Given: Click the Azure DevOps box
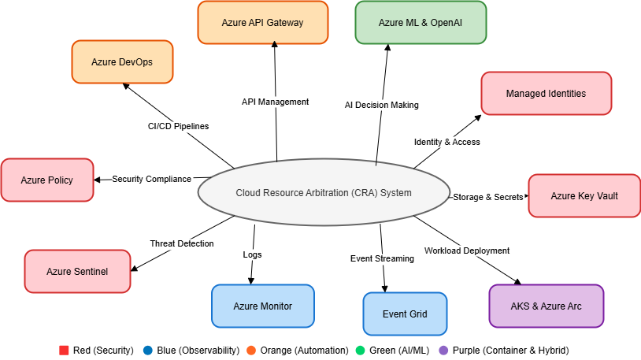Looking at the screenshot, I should click(x=122, y=61).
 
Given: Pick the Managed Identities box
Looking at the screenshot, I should click(x=546, y=93).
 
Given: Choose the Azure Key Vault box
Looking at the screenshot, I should click(x=584, y=195).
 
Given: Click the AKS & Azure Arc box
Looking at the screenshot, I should click(x=546, y=306).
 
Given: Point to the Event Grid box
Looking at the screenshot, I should click(x=405, y=314).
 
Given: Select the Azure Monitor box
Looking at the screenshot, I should click(x=262, y=306).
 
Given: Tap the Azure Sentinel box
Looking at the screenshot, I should click(x=77, y=272).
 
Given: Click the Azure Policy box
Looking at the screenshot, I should click(x=47, y=180).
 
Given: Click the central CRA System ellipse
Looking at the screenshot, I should click(x=324, y=193).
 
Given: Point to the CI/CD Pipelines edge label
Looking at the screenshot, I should click(x=177, y=126).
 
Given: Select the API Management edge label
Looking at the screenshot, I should click(x=275, y=102).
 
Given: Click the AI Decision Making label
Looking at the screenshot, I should click(x=382, y=105).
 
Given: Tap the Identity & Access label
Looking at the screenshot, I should click(x=446, y=142).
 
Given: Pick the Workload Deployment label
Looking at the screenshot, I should click(x=466, y=251).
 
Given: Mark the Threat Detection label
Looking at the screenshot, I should click(x=182, y=243).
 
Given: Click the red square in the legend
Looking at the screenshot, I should click(x=65, y=350).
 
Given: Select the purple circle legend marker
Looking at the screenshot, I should click(x=443, y=350).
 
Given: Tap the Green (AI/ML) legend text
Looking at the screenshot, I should click(x=400, y=350).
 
